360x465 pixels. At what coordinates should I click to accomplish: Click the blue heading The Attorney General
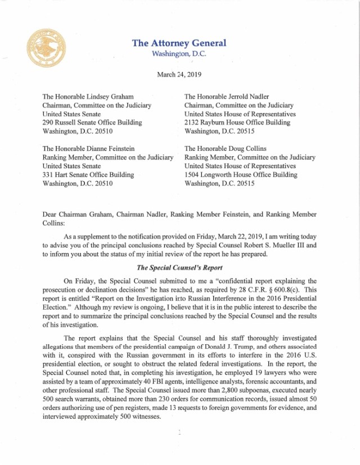coord(179,43)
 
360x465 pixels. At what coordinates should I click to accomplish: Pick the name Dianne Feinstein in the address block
coord(115,149)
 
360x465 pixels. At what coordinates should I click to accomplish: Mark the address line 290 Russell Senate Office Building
coord(92,122)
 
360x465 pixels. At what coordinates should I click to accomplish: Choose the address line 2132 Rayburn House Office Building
coord(237,122)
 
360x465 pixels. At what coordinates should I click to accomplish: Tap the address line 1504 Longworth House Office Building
coord(241,175)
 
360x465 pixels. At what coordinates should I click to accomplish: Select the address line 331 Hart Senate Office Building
coord(88,175)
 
